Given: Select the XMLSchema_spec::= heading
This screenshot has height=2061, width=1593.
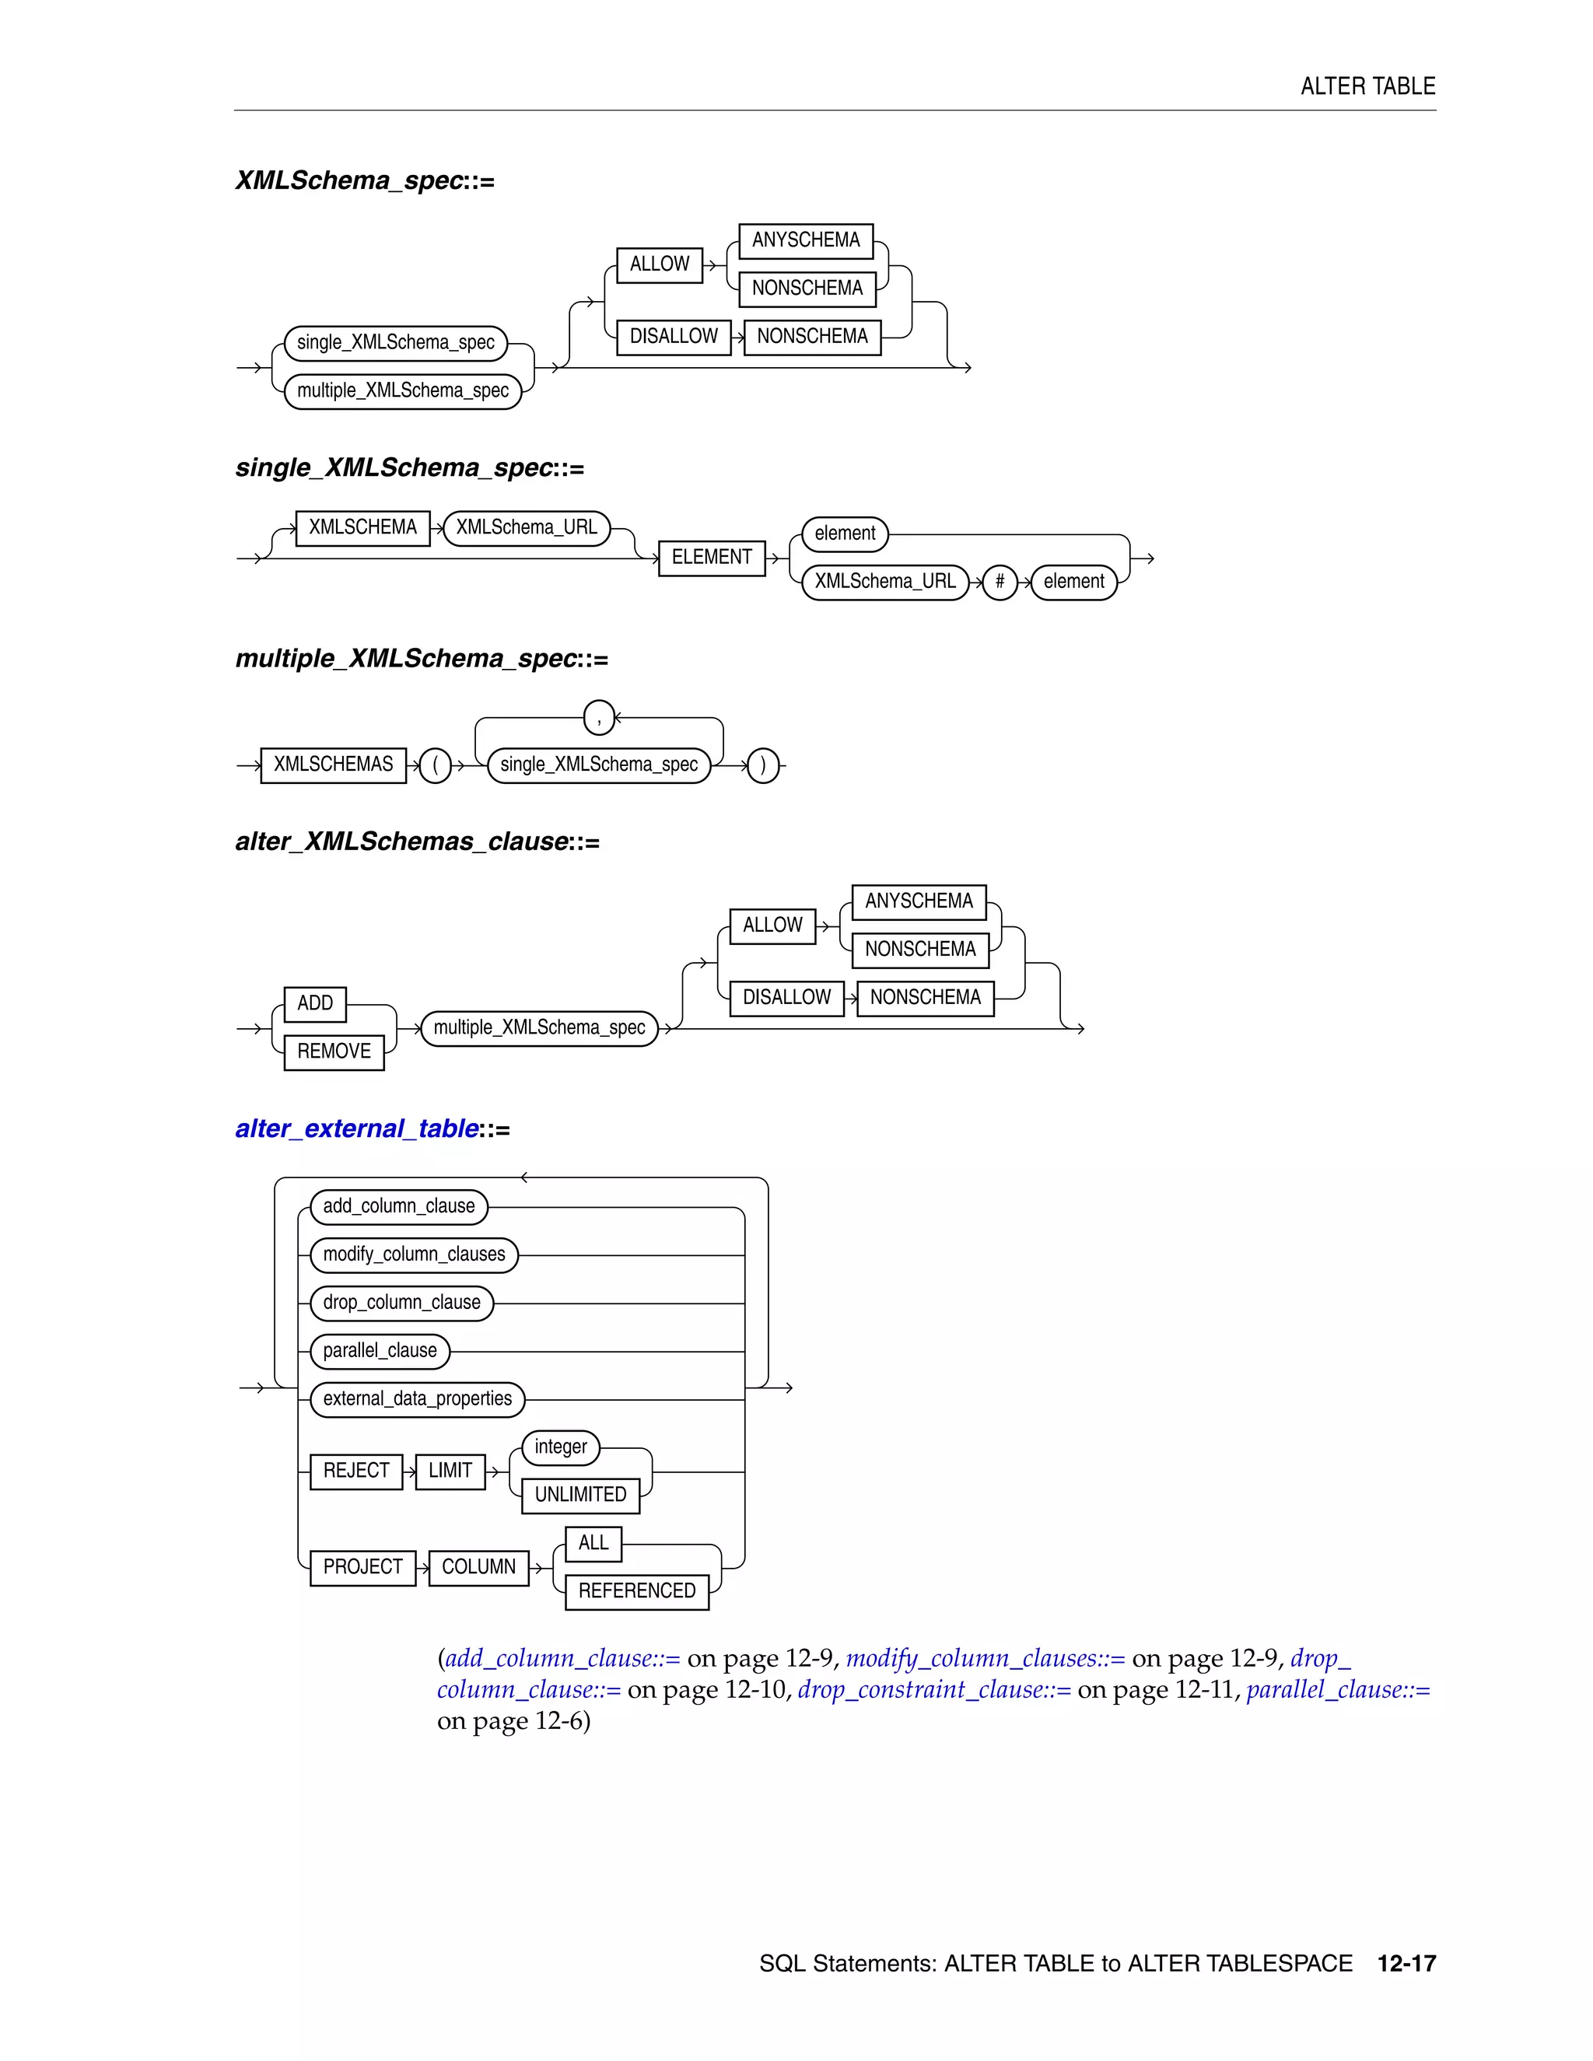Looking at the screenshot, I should (x=364, y=180).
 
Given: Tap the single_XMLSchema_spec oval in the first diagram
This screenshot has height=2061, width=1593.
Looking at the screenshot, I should (x=395, y=342).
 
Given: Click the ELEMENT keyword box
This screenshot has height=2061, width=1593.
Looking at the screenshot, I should (x=712, y=557).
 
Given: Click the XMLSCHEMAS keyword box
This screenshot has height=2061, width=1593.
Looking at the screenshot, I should (x=333, y=765).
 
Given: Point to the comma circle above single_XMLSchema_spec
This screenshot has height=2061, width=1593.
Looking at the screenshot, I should (x=599, y=718).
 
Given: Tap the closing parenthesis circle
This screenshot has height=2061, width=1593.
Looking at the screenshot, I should (x=762, y=765).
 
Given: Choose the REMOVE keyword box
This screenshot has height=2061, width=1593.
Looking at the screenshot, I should (x=334, y=1051).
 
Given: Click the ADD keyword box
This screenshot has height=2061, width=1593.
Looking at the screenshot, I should (x=315, y=1003).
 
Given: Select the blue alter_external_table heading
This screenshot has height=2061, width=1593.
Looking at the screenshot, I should (x=358, y=1128).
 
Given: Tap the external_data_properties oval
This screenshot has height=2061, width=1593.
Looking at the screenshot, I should (x=417, y=1398).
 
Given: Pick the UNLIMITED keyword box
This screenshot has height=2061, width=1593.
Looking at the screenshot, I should (x=580, y=1495).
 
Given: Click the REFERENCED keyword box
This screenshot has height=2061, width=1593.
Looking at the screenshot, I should (x=637, y=1591).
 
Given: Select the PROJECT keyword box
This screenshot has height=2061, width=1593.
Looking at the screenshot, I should (x=362, y=1566).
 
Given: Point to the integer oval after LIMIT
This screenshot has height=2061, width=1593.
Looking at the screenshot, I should (x=561, y=1447).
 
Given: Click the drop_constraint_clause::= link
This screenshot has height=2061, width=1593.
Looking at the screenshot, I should (x=934, y=1689).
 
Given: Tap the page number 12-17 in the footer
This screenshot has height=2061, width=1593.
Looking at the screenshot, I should (x=1406, y=1964).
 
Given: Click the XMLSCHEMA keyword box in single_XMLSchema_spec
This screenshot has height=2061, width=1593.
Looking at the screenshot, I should (x=362, y=527).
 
